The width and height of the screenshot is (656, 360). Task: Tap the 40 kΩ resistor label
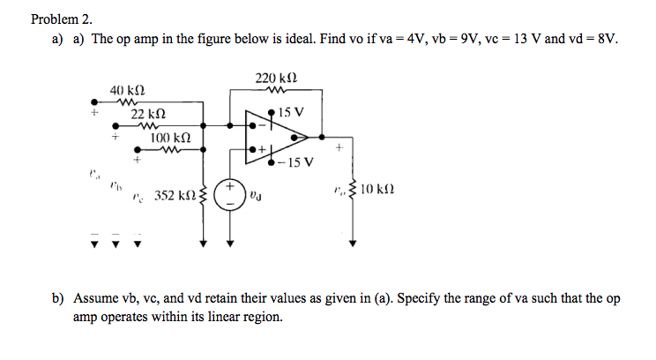coord(127,90)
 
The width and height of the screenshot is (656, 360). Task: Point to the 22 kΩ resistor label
coord(148,115)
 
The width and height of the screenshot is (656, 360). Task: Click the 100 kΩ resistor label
coord(171,139)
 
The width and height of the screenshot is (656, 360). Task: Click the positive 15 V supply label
coord(290,113)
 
